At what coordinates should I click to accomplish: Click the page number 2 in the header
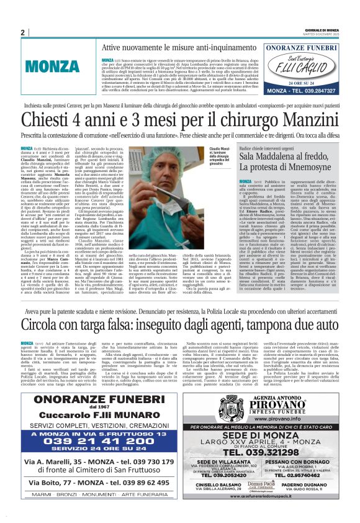point(22,32)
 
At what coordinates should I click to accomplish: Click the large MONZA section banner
point(52,66)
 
